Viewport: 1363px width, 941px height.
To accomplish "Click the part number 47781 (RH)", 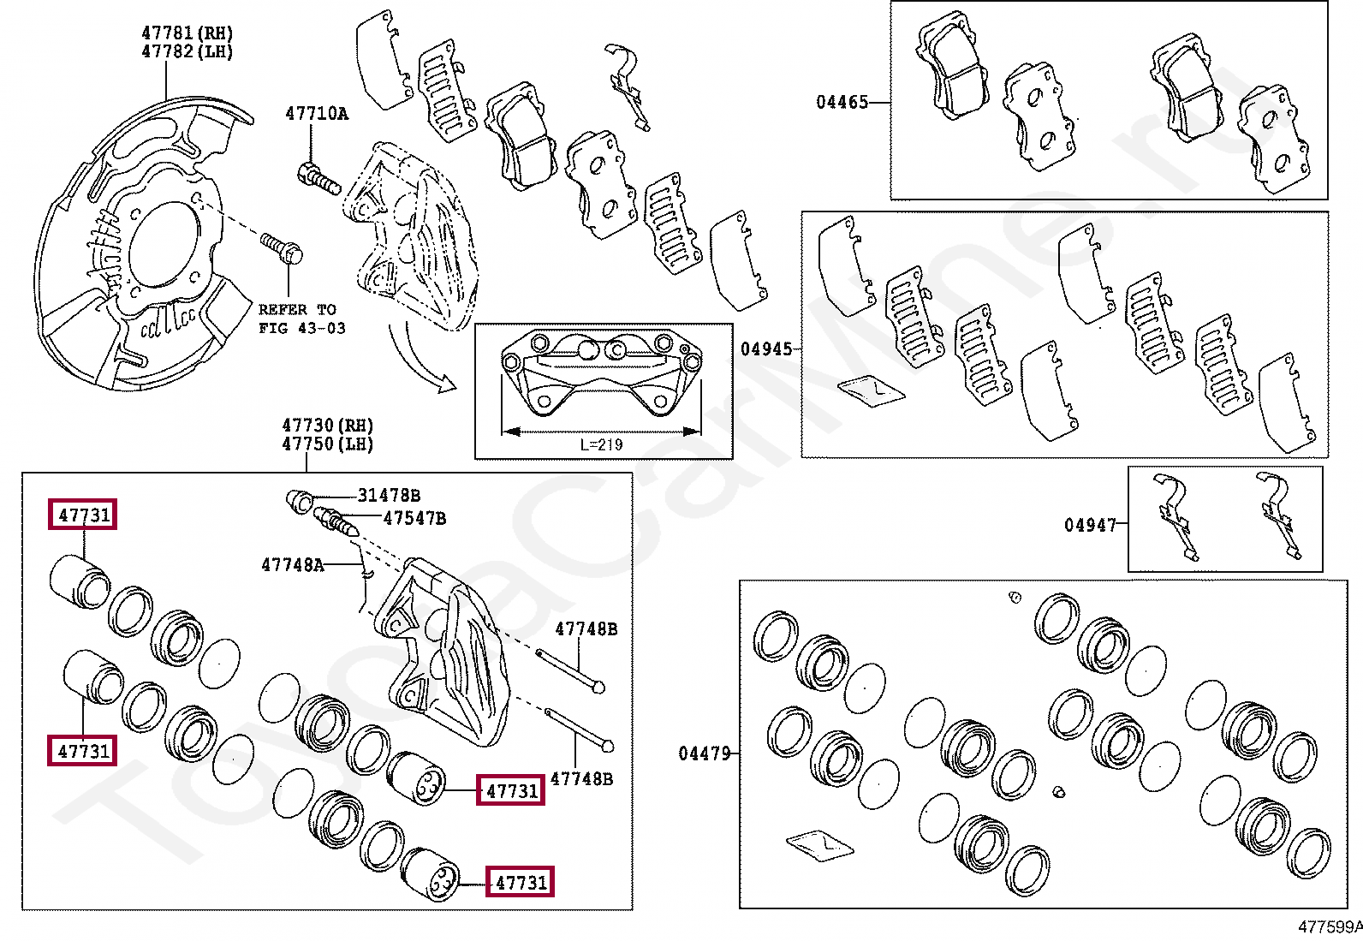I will tap(187, 33).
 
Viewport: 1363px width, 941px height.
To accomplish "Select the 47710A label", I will tap(316, 114).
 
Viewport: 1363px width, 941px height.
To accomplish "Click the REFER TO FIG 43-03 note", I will tap(301, 319).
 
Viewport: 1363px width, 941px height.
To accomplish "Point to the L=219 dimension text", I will tap(601, 444).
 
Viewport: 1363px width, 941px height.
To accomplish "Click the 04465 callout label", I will tap(842, 103).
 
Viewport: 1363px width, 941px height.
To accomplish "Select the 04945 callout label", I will tap(766, 349).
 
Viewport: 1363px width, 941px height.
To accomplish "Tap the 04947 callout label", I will tap(1090, 526).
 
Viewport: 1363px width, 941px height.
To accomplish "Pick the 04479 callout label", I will tap(705, 753).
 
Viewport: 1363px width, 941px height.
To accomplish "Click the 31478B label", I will tap(389, 496).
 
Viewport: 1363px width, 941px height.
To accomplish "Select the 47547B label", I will tap(414, 518).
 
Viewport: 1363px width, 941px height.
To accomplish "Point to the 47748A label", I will tap(293, 565).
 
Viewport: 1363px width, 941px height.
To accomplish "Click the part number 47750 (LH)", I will tap(327, 444).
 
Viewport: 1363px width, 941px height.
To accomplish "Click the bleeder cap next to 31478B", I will tap(298, 502).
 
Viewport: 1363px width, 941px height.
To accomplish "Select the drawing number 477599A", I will tap(1329, 926).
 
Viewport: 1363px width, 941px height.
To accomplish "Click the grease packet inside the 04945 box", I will tap(871, 390).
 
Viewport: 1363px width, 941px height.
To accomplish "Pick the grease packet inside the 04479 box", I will tap(819, 844).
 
